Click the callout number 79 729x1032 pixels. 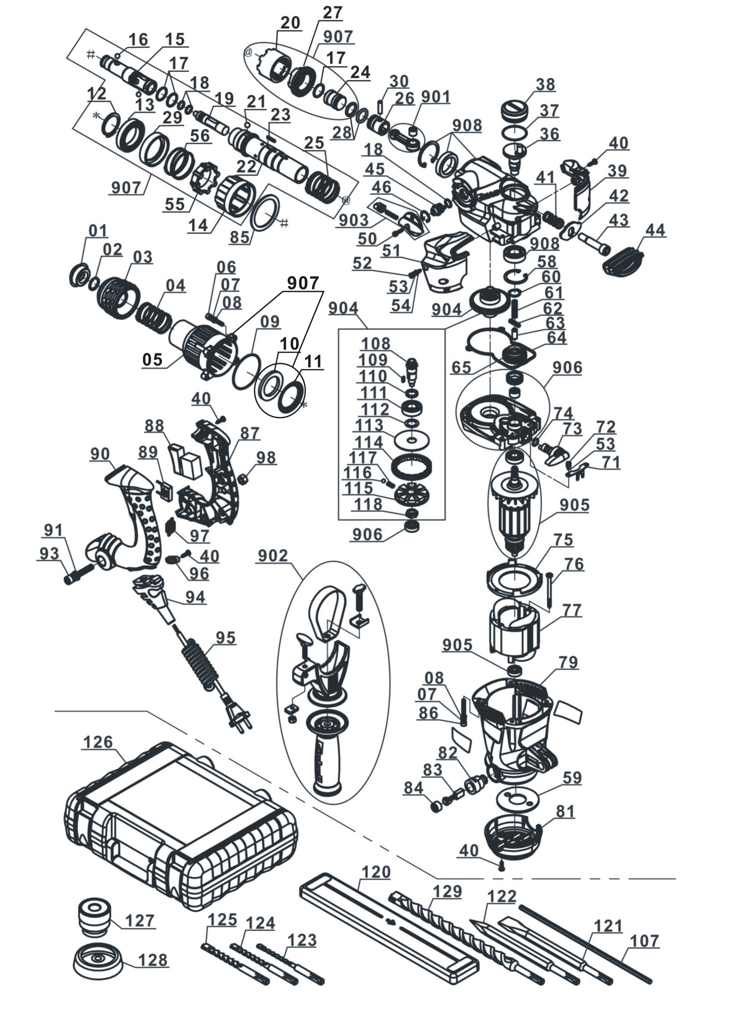click(568, 662)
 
